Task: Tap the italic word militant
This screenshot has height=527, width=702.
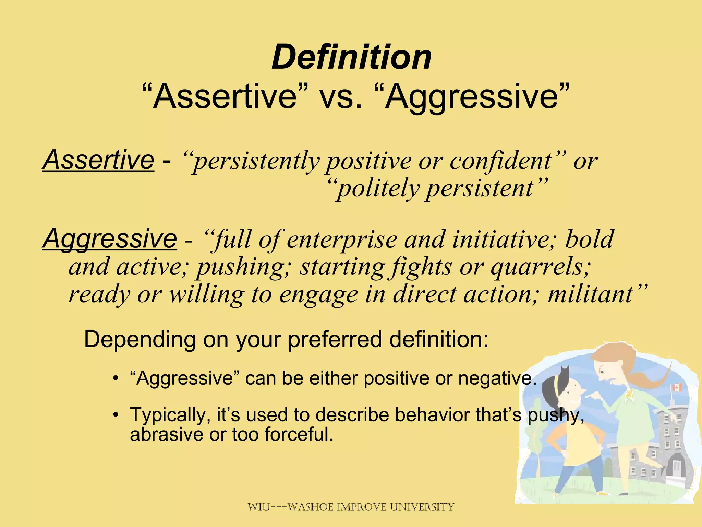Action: point(590,294)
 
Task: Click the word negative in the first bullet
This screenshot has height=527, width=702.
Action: point(497,378)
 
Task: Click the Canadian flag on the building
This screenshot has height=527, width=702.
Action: point(676,388)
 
